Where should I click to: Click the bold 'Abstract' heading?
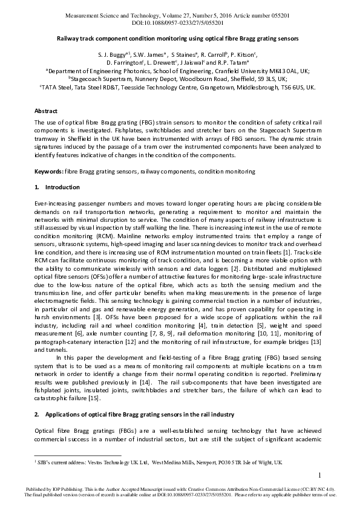coord(46,111)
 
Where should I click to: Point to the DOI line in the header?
coord(180,22)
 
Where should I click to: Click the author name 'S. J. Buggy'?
coord(110,54)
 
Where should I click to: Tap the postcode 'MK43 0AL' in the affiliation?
coord(284,70)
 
